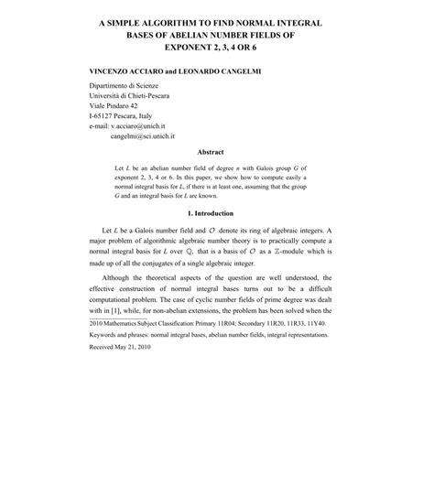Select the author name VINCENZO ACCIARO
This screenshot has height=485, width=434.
point(126,70)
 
